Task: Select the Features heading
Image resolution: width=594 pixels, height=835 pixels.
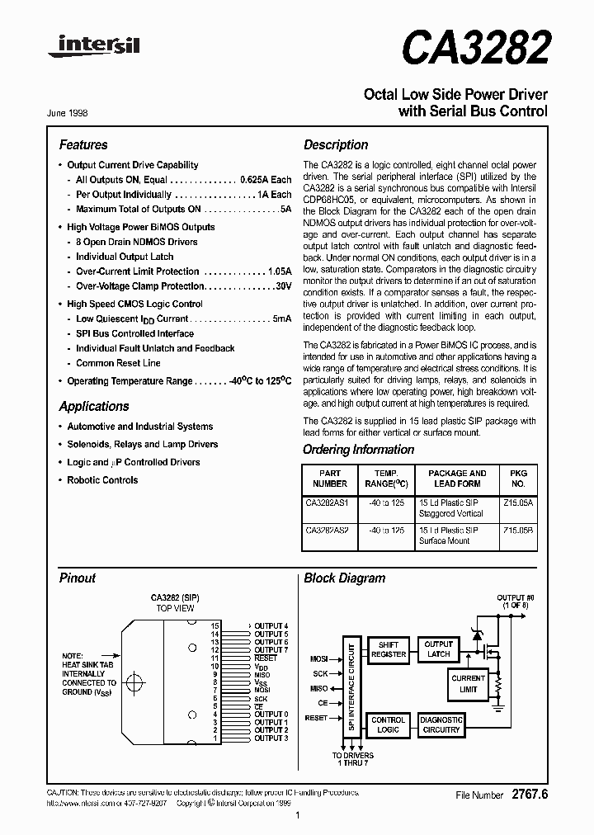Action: pyautogui.click(x=83, y=144)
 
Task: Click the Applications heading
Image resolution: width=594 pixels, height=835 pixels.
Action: pyautogui.click(x=94, y=406)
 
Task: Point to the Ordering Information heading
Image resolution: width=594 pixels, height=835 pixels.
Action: pyautogui.click(x=358, y=450)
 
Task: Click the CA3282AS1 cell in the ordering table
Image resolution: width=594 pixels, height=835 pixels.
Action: pyautogui.click(x=328, y=501)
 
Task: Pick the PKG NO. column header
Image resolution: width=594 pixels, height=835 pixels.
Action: pyautogui.click(x=518, y=479)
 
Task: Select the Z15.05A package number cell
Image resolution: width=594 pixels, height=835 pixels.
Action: pyautogui.click(x=518, y=501)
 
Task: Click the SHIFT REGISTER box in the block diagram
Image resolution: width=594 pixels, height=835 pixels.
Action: pyautogui.click(x=388, y=649)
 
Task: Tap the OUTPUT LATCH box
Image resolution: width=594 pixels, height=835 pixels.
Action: pyautogui.click(x=439, y=649)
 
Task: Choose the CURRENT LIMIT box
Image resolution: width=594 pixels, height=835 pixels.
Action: pyautogui.click(x=468, y=684)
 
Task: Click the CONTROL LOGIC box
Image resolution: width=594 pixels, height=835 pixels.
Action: pyautogui.click(x=388, y=724)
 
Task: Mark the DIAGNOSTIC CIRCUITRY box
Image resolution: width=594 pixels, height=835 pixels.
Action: pyautogui.click(x=441, y=724)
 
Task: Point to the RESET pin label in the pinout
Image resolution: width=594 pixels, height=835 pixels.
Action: pyautogui.click(x=266, y=658)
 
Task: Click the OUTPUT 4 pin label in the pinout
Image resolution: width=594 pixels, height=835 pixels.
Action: pyautogui.click(x=271, y=626)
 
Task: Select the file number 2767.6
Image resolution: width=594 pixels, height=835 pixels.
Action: pyautogui.click(x=529, y=795)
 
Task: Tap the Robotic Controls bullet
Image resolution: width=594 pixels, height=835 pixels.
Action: pyautogui.click(x=102, y=480)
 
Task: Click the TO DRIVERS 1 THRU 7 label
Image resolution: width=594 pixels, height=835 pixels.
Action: pyautogui.click(x=353, y=759)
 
